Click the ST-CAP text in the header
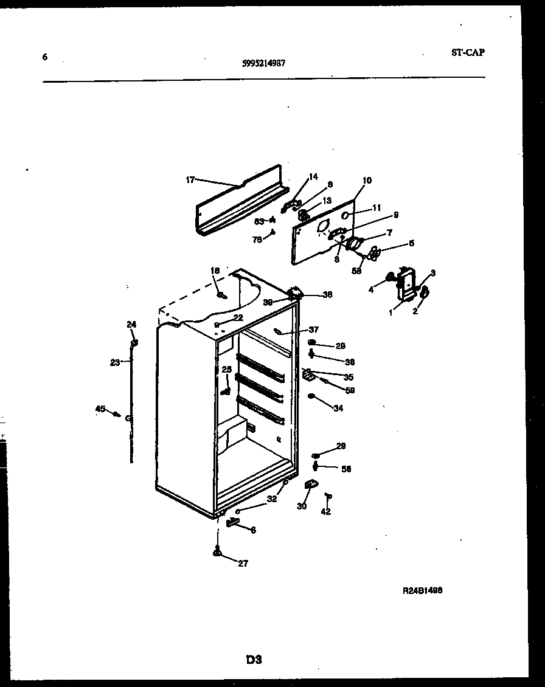pyautogui.click(x=468, y=52)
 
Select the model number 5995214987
pyautogui.click(x=263, y=62)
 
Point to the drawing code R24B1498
pyautogui.click(x=422, y=590)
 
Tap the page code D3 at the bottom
pyautogui.click(x=254, y=658)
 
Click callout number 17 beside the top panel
pyautogui.click(x=190, y=179)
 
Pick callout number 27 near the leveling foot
pyautogui.click(x=243, y=564)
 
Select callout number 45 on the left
pyautogui.click(x=100, y=409)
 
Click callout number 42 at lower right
pyautogui.click(x=326, y=512)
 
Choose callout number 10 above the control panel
pyautogui.click(x=367, y=181)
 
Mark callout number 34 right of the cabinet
pyautogui.click(x=338, y=409)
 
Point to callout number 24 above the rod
pyautogui.click(x=131, y=324)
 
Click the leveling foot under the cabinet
pyautogui.click(x=217, y=552)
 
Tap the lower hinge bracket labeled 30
pyautogui.click(x=310, y=484)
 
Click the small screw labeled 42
pyautogui.click(x=328, y=497)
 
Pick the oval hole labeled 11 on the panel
pyautogui.click(x=345, y=215)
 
